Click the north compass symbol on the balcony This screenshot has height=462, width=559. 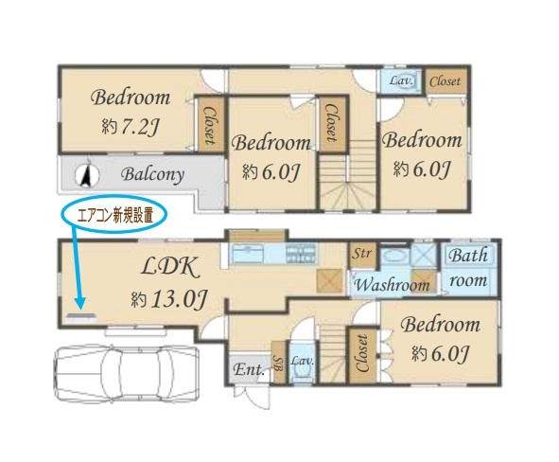coord(87,175)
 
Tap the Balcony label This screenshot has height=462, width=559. coord(152,175)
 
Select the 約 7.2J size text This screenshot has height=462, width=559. coord(131,126)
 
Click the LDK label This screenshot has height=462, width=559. coord(170,267)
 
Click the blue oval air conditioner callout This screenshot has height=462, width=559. coord(114,214)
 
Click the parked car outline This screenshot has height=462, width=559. coord(127,373)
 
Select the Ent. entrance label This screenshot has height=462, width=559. coord(250,370)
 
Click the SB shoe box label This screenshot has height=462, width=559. coord(279,364)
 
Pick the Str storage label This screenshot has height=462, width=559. coord(362,254)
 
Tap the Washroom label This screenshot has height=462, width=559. coord(392,285)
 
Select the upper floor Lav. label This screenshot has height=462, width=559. coord(401,80)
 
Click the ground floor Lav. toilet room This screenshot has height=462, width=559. coord(303,362)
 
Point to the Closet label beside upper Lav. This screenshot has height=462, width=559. coord(445,81)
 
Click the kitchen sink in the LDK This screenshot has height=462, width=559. coord(248,254)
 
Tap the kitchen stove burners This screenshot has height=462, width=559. coord(301,254)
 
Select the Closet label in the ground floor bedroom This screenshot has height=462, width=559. coord(362,353)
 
